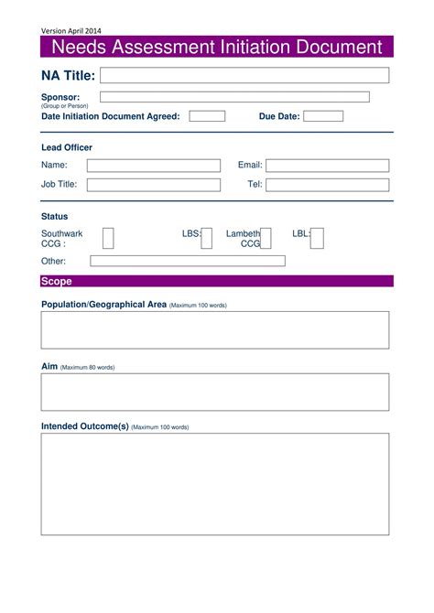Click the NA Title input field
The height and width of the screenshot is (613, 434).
coord(244,75)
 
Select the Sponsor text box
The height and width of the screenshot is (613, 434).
coord(234,97)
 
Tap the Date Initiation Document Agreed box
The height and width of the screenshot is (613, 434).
coord(207,116)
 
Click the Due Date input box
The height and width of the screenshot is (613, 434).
coord(323,116)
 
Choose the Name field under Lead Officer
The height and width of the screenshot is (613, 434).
coord(154,166)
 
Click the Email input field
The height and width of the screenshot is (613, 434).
coord(327,166)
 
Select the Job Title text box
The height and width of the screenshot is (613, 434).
coord(154,185)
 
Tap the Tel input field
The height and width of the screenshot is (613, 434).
coord(327,185)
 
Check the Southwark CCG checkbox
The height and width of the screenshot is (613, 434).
coord(108,239)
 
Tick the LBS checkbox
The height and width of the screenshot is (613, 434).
coord(207,239)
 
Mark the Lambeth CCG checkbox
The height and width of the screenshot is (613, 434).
coord(266,239)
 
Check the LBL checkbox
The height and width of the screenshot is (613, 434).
coord(318,239)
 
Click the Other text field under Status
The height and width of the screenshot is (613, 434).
coord(188,261)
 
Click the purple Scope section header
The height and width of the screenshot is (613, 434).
coord(216,282)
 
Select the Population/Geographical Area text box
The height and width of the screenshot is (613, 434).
coord(214,329)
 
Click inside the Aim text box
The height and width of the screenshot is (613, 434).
coord(214,392)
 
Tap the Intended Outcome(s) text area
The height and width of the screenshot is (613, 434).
coord(214,483)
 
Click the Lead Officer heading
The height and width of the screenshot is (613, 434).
coord(67,147)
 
